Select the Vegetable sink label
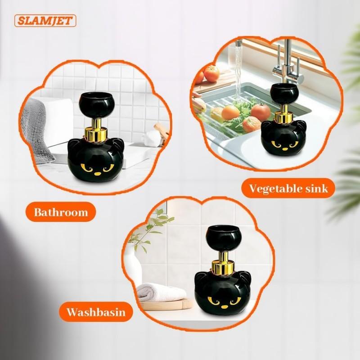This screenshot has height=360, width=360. [x=289, y=188]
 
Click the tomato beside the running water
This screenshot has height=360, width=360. [x=211, y=73]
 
